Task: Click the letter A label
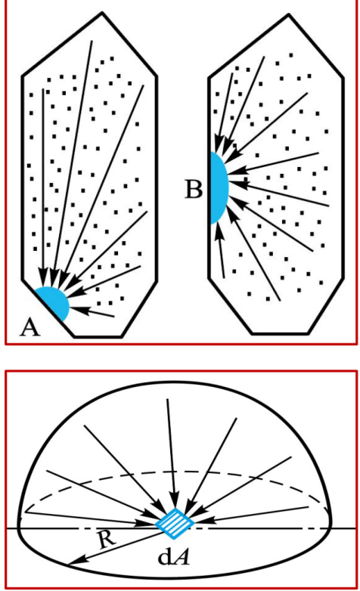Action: pos(29,326)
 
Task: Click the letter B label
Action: pos(194,189)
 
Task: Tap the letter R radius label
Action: pos(107,540)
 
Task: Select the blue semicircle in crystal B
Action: pos(218,187)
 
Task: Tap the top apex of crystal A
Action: pos(102,14)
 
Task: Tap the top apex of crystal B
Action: pos(289,15)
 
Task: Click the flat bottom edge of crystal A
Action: pos(98,336)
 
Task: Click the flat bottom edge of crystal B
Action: pos(280,333)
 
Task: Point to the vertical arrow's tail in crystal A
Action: pos(43,89)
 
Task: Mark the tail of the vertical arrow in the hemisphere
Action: pos(167,399)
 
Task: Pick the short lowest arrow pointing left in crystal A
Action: pos(92,311)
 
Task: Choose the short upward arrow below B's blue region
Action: pos(220,252)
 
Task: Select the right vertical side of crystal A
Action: pos(157,178)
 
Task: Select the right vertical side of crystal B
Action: pos(343,178)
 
